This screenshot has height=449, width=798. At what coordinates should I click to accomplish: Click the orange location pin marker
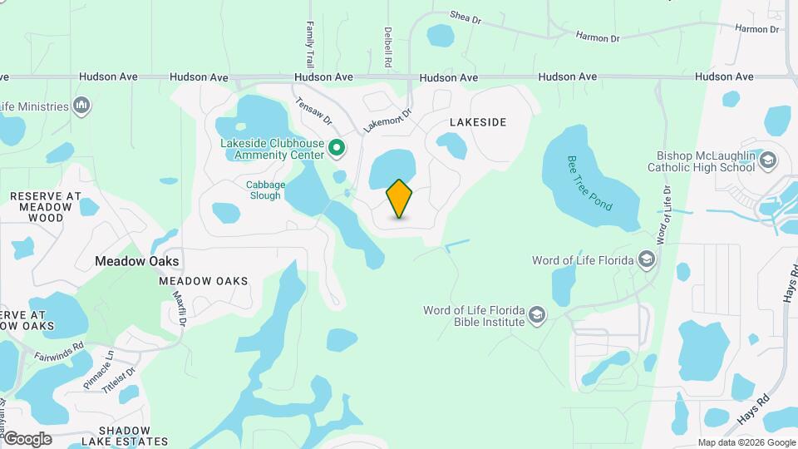[399, 199]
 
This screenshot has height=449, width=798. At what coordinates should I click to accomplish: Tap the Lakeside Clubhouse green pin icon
[337, 148]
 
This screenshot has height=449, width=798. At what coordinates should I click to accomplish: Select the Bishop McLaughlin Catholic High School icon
[768, 160]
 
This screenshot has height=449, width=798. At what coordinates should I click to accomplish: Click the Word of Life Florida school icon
[647, 260]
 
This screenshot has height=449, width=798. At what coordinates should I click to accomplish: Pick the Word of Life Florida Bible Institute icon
[537, 315]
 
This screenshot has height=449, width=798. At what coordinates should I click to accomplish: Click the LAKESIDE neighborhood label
[477, 122]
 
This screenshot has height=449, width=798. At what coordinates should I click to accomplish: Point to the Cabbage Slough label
[265, 190]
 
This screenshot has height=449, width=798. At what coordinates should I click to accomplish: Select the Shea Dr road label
[465, 16]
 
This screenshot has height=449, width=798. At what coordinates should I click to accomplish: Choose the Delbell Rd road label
[388, 47]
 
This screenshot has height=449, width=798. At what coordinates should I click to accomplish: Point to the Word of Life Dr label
[663, 215]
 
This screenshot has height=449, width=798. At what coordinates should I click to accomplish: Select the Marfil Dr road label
[177, 304]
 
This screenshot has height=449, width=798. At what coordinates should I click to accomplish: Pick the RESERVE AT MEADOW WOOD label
[45, 207]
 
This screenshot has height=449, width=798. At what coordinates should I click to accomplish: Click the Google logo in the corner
[27, 438]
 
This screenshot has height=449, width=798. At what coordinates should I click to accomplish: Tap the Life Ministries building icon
[81, 106]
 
